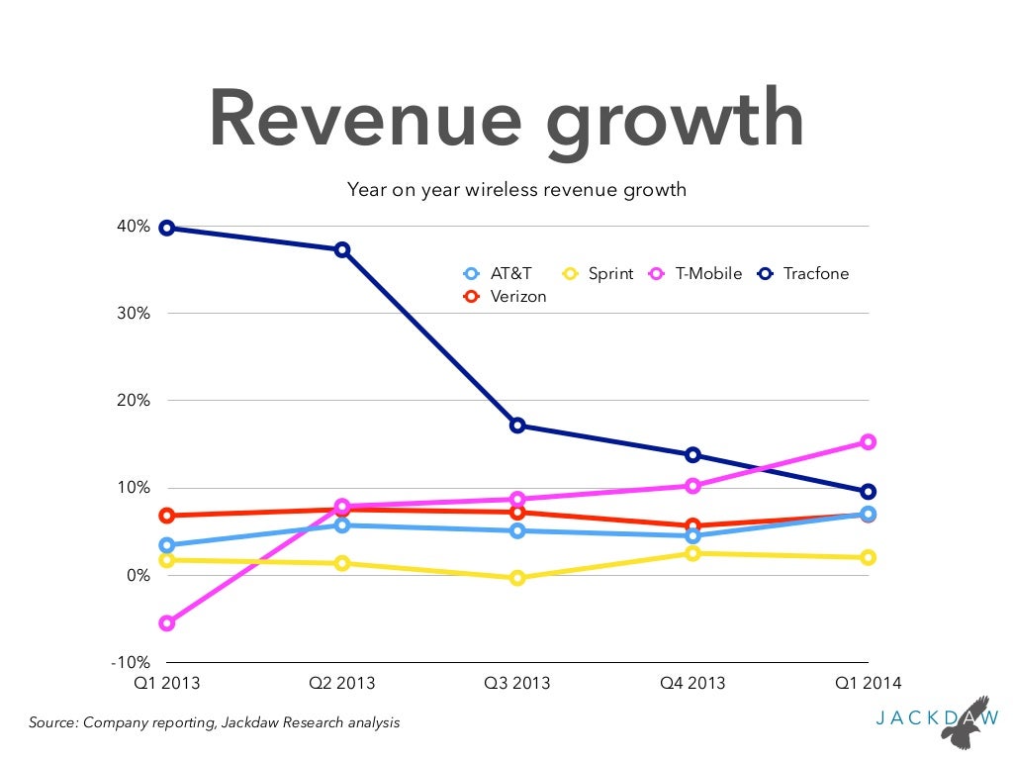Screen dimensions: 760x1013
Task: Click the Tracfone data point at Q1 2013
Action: click(167, 229)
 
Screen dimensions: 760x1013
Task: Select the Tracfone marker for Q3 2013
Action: click(517, 426)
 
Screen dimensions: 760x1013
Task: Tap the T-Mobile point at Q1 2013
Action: click(167, 623)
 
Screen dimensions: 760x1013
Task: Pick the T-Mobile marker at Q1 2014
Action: click(868, 442)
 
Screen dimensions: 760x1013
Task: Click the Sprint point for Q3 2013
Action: click(517, 578)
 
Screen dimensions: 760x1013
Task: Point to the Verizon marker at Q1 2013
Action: click(167, 516)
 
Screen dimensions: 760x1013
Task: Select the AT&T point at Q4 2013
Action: click(692, 536)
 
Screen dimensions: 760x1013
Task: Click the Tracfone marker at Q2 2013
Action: click(342, 249)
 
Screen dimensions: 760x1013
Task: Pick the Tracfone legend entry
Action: click(803, 274)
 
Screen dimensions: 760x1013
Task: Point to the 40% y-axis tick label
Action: click(132, 227)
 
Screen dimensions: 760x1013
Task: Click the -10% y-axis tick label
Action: click(130, 662)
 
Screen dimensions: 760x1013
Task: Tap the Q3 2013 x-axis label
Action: click(517, 684)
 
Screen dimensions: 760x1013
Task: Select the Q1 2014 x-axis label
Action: click(868, 684)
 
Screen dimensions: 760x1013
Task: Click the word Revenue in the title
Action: click(365, 119)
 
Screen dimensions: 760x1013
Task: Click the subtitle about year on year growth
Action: click(516, 189)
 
